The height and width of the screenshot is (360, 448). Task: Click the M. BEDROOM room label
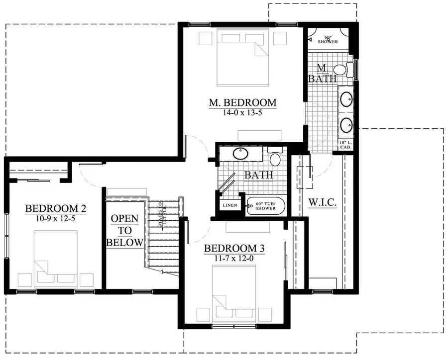coord(242,103)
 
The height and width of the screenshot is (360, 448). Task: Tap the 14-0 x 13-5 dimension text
coord(242,113)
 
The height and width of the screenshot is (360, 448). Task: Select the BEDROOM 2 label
coord(56,208)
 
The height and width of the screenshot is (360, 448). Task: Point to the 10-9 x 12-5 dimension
coord(56,218)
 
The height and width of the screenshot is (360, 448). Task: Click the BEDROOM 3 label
coord(234,248)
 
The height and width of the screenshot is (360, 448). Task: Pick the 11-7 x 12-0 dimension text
coord(234,258)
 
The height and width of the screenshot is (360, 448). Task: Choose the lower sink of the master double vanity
coord(346,124)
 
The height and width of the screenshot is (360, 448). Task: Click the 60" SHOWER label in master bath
coord(331,39)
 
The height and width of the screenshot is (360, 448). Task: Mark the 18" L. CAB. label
coord(345,145)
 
